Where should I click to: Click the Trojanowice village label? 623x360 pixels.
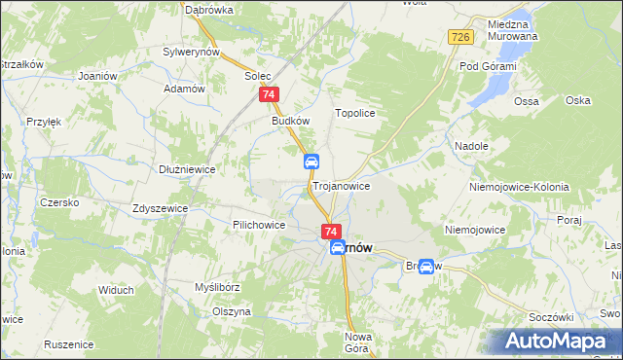point(341,185)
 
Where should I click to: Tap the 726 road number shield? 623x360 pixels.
point(461,37)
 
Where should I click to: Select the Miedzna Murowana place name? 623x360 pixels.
point(513,30)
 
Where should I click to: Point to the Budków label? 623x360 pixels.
point(290,122)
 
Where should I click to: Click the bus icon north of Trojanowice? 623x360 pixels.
point(311,161)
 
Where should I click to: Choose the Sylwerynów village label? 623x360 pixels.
point(193,51)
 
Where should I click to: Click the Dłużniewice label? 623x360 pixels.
point(187,168)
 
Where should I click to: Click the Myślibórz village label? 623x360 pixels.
point(216,287)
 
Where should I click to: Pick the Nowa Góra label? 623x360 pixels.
point(359,342)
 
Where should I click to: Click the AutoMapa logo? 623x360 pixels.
point(555,342)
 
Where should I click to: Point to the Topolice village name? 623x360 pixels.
point(355,113)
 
